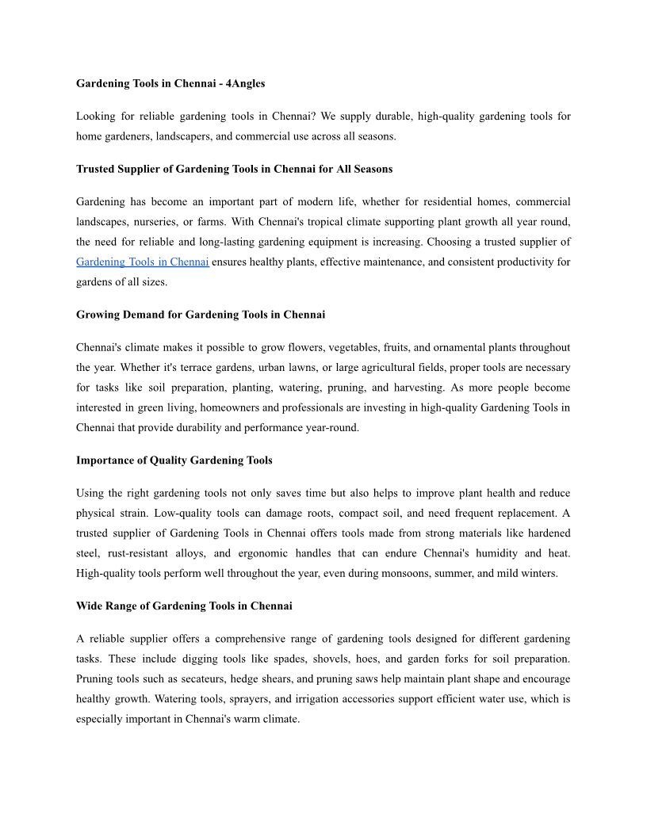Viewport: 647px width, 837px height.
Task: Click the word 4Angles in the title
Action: click(x=246, y=83)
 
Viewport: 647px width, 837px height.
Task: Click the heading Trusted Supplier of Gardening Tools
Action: click(x=234, y=169)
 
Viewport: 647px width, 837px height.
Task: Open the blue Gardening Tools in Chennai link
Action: click(x=143, y=262)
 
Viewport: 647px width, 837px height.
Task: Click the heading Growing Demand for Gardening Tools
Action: click(x=201, y=315)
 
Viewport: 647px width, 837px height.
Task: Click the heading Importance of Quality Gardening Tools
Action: click(x=174, y=461)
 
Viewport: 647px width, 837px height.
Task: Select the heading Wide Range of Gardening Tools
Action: click(x=184, y=606)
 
